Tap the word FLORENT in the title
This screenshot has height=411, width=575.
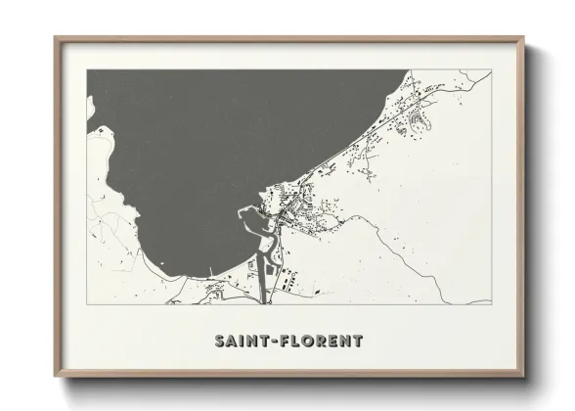coord(322,341)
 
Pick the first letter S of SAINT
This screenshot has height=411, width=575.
coord(220,341)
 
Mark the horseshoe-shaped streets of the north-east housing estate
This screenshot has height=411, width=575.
coord(422,122)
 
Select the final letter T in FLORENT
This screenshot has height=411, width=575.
coord(357,341)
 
